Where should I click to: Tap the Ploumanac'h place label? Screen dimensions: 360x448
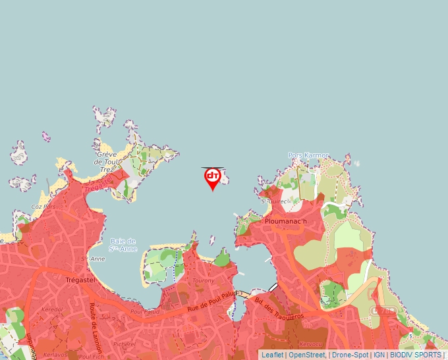pos(286,221)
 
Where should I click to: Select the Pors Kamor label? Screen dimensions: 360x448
pos(308,155)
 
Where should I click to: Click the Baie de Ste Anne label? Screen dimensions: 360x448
pos(123,245)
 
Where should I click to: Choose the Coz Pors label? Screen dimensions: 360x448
pos(41,206)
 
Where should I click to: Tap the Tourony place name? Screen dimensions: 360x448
pos(204,280)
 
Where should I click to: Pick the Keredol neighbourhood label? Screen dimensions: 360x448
pos(52,309)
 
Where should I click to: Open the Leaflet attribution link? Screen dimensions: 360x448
pos(273,355)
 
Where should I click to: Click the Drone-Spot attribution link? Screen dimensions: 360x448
pos(350,355)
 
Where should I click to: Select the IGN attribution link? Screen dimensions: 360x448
pos(379,355)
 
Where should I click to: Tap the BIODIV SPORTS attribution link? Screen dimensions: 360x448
pos(415,355)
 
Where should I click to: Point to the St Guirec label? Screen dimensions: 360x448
pos(275,201)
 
